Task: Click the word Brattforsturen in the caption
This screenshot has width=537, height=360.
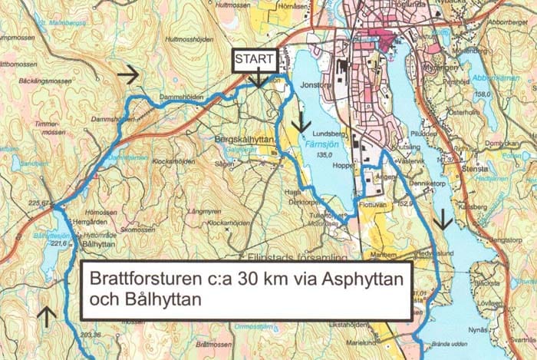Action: (x=137, y=278)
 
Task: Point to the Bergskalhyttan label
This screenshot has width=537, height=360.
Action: (x=245, y=141)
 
